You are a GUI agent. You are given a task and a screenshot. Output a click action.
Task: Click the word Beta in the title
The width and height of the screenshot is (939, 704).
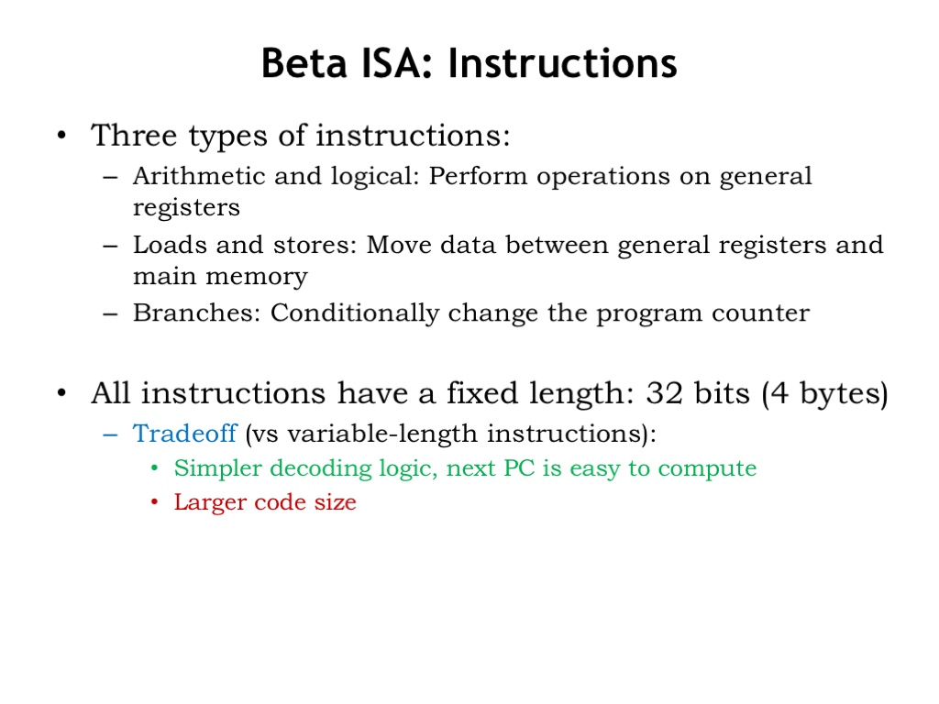(x=304, y=63)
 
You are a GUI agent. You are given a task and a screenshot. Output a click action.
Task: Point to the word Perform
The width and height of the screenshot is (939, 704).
(x=478, y=176)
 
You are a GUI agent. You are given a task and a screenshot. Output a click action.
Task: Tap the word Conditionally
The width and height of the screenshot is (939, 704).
(x=355, y=313)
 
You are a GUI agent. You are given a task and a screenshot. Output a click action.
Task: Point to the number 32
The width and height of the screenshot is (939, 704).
(x=664, y=393)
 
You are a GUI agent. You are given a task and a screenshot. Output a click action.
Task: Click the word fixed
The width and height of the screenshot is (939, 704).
(x=482, y=393)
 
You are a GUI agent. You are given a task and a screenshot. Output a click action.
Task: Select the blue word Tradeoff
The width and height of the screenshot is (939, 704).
(x=184, y=433)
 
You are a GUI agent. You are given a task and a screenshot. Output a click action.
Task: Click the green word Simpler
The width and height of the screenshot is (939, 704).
(x=218, y=468)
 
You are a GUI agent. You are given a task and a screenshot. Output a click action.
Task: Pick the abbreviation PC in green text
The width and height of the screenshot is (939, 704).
(x=519, y=468)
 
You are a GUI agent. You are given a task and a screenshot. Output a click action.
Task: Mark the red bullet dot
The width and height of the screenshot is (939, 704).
(x=154, y=501)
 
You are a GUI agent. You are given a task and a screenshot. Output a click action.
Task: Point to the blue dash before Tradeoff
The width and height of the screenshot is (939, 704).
(x=110, y=434)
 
